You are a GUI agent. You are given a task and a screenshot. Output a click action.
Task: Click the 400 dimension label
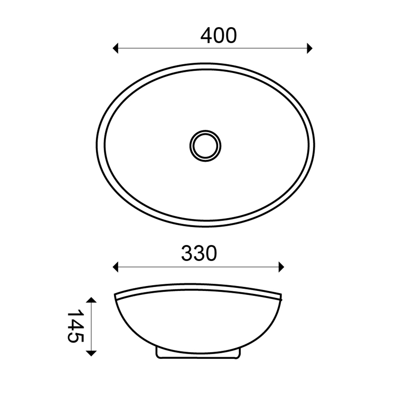219,36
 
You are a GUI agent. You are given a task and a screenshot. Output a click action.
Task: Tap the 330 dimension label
199,254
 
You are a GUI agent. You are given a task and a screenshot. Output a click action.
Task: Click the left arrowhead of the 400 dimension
115,48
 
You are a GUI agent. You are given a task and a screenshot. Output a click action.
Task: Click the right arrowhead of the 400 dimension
310,48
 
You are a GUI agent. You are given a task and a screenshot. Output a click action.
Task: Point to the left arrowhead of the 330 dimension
115,267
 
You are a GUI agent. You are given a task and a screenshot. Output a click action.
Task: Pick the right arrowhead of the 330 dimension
281,267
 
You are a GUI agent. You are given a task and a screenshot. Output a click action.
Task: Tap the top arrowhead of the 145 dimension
91,300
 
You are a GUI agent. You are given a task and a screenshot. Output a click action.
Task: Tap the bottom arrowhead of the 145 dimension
91,353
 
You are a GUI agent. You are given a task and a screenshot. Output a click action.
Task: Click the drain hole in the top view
205,146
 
